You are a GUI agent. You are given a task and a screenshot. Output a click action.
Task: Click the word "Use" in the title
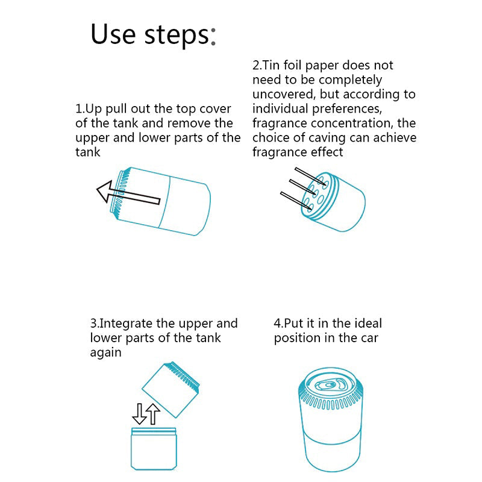point(113,34)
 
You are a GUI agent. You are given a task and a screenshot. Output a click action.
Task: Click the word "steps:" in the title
point(180,36)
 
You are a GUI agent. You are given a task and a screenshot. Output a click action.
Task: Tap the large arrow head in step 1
point(104,191)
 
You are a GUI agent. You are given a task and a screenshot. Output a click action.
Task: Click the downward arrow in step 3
point(139,414)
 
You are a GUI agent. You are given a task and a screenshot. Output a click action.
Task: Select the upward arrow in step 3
point(153,414)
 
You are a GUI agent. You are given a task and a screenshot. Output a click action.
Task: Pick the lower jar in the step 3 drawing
point(154,449)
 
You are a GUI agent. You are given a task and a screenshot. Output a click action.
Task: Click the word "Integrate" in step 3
point(126,324)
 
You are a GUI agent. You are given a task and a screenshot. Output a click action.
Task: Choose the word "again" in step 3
point(106,353)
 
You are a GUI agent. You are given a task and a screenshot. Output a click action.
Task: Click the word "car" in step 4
point(369,338)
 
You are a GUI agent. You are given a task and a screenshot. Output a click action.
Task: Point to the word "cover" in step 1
point(215,109)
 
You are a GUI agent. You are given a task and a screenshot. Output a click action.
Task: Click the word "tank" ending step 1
point(87,152)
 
